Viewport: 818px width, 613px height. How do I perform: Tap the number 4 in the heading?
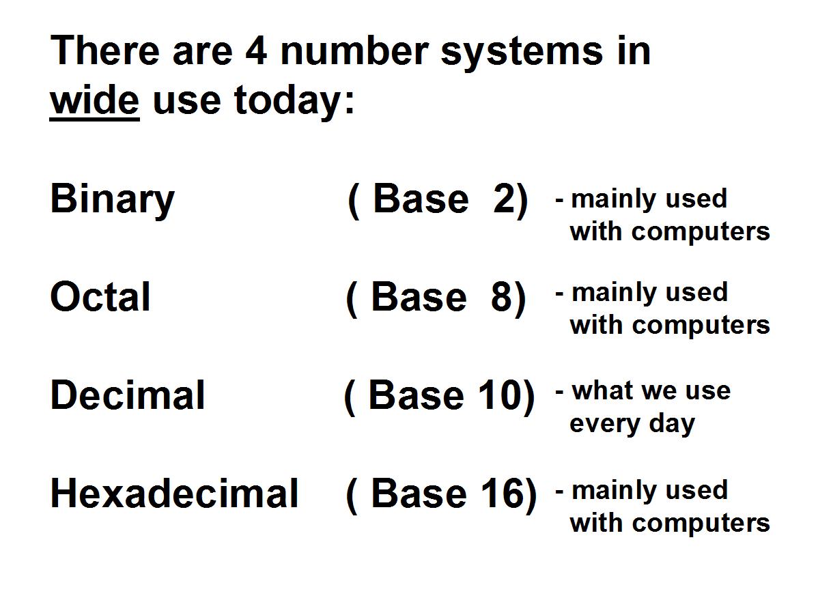pos(256,51)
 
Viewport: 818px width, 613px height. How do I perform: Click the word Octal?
pos(100,297)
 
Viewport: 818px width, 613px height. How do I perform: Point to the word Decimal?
pos(127,395)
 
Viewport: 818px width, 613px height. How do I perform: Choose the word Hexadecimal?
pos(174,493)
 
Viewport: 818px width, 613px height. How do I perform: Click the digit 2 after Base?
pos(505,199)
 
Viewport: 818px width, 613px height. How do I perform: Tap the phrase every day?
pos(632,424)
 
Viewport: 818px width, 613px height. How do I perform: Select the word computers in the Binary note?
pos(701,232)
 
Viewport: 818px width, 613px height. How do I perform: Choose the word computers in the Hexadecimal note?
pos(701,524)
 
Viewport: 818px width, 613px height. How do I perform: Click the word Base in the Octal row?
pos(419,297)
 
